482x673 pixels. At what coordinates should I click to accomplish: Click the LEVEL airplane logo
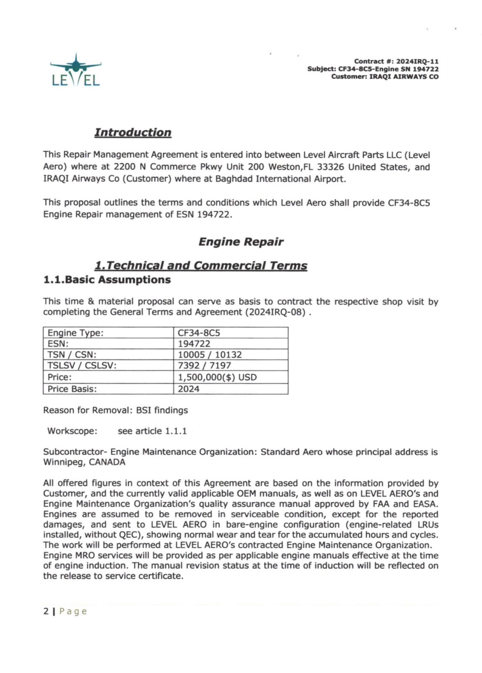76,70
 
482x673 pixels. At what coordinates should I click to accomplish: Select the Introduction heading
132,132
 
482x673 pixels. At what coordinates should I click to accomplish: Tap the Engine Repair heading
241,242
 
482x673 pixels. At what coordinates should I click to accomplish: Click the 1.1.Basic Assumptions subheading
107,280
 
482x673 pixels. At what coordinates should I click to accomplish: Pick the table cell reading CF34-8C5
199,333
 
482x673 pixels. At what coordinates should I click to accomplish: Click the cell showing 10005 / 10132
209,355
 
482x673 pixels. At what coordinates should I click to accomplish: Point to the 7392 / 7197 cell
204,366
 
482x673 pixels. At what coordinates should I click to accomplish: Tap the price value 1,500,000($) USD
217,377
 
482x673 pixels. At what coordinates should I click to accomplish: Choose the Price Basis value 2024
188,389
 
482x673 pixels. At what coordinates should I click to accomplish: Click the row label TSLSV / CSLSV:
82,366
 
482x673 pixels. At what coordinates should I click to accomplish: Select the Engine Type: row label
75,333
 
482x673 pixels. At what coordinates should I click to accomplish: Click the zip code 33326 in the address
331,167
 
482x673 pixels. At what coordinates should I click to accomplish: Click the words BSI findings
162,410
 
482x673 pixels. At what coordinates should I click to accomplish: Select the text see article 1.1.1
152,431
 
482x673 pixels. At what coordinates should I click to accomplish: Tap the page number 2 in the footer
46,611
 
